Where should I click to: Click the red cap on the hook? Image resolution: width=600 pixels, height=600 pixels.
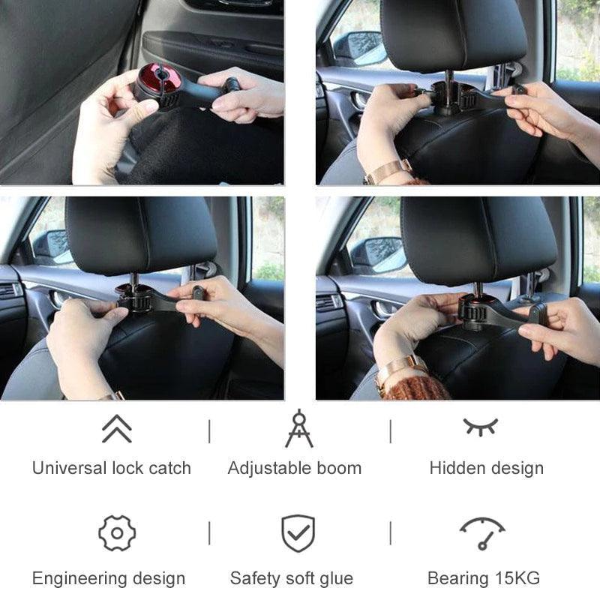(151, 80)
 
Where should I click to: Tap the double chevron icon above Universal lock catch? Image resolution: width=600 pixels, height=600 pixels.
(116, 428)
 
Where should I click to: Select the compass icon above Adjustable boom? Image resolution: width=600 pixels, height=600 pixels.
(298, 428)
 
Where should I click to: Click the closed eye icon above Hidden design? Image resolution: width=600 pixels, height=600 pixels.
(480, 427)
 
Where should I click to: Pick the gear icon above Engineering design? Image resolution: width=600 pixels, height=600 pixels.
(117, 533)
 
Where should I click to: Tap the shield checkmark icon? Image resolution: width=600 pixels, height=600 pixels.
(298, 533)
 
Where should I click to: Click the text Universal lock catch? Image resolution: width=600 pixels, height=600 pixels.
(112, 468)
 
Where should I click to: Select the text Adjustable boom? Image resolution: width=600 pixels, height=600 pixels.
(294, 468)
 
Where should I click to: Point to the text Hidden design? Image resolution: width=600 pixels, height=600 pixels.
(486, 468)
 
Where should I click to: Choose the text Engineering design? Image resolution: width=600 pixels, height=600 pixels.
(109, 578)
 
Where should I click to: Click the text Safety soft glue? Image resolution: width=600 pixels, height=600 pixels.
(291, 578)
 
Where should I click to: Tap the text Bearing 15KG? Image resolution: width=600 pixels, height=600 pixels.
(483, 578)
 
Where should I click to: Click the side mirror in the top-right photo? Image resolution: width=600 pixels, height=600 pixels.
(359, 49)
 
